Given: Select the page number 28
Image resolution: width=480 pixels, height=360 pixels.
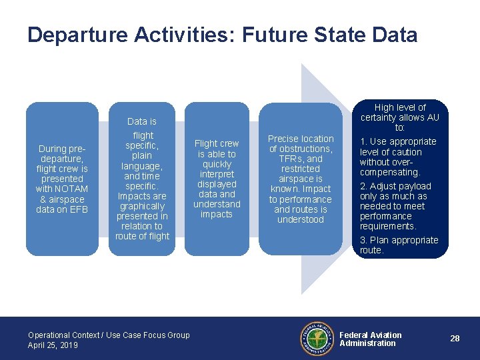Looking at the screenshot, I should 455,339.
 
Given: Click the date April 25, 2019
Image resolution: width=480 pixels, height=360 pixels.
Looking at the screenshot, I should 53,345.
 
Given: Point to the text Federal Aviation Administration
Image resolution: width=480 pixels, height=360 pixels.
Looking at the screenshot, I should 370,339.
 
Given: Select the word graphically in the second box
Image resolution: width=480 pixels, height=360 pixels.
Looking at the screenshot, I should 142,206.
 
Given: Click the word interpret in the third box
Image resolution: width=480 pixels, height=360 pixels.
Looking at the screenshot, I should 217,174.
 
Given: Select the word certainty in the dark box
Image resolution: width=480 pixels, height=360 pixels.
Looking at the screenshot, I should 382,117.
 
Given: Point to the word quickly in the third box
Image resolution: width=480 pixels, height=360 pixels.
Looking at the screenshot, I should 217,164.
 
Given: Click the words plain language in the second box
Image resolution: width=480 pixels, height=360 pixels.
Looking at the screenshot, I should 142,161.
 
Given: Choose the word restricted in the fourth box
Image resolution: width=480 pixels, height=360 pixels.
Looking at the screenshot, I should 300,169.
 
